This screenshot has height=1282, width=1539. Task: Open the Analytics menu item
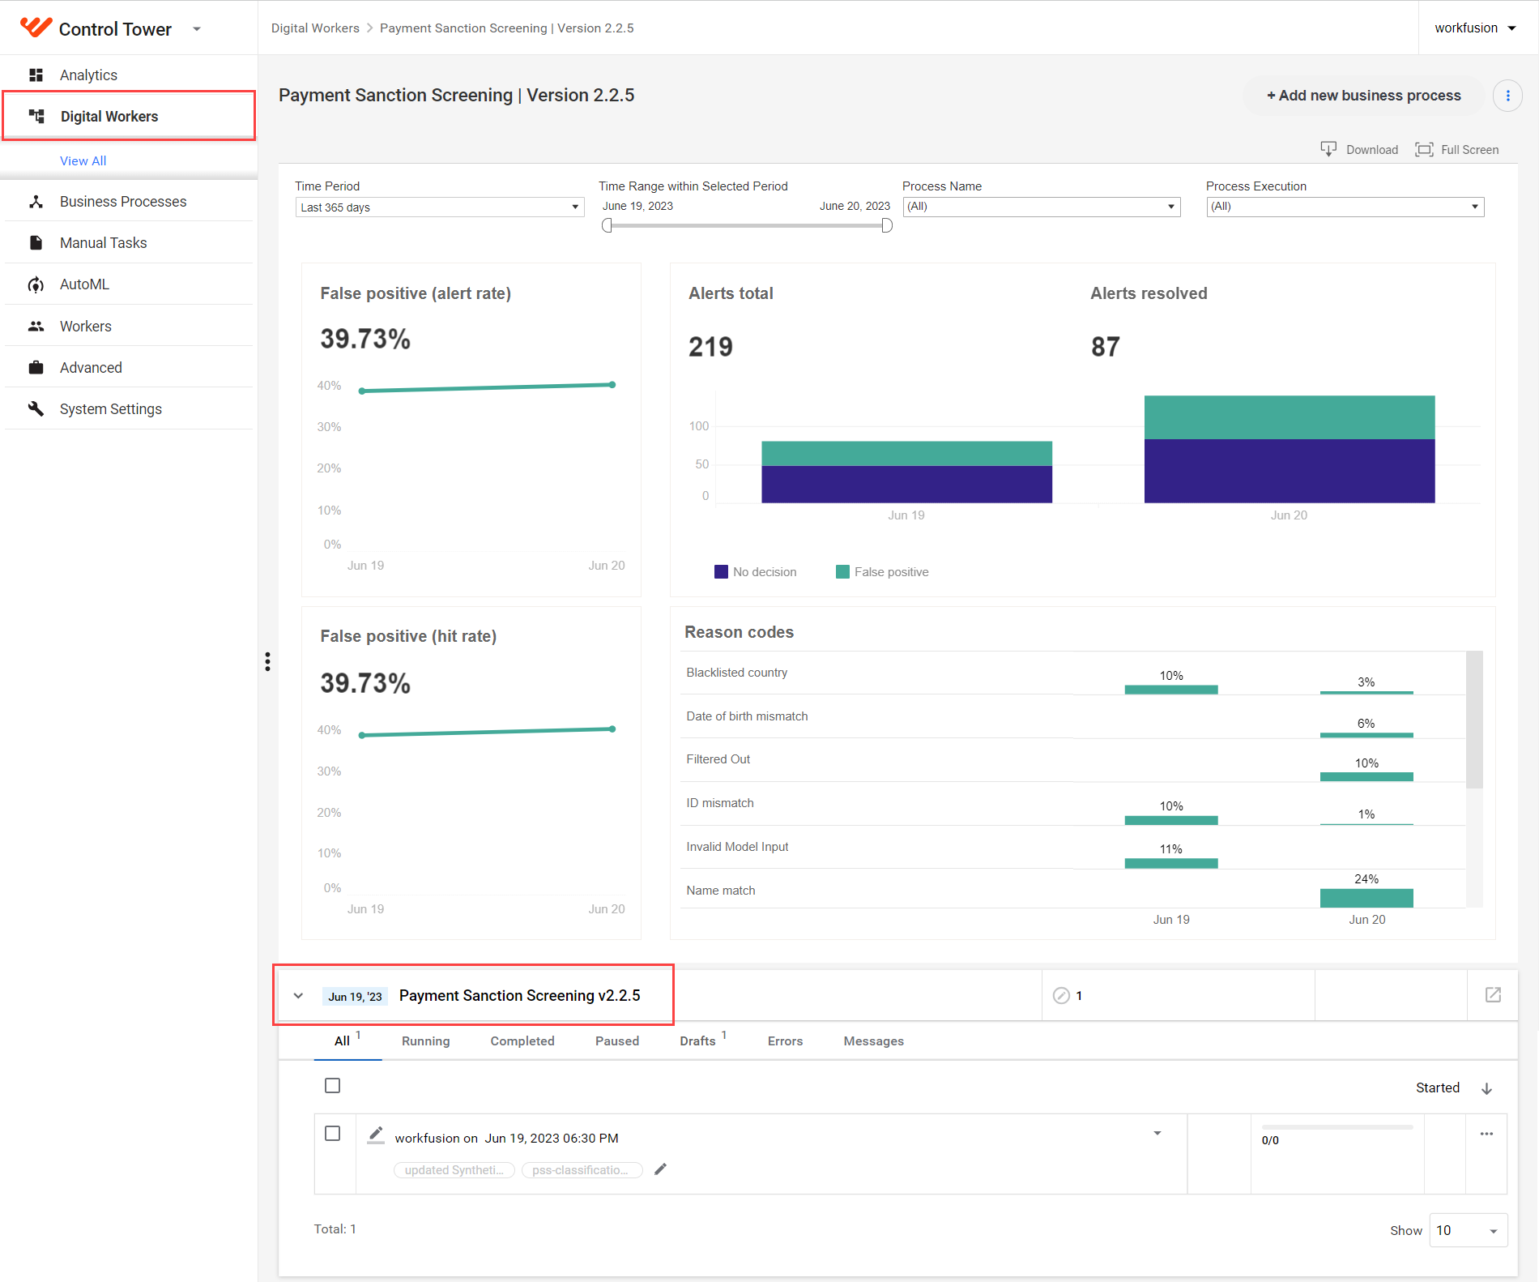(88, 75)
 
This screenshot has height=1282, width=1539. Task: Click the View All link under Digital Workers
(83, 160)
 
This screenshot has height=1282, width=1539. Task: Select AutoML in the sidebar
(84, 284)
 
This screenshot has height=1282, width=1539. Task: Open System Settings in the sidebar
(110, 409)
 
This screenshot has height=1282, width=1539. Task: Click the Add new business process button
(1364, 96)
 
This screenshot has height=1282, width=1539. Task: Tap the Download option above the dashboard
(1359, 150)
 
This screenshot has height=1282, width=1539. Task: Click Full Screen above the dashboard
(1457, 150)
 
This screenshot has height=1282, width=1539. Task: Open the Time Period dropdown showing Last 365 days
(439, 207)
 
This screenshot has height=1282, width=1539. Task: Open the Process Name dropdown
(1042, 207)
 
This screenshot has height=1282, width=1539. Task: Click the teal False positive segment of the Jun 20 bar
(1290, 417)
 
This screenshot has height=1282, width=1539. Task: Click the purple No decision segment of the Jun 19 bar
(906, 485)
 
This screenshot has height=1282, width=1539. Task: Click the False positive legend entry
(882, 572)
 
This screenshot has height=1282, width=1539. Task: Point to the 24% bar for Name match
(1366, 898)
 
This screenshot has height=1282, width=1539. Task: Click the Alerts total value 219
(710, 347)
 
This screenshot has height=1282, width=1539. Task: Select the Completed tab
(522, 1041)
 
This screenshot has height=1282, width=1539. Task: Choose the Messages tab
(873, 1041)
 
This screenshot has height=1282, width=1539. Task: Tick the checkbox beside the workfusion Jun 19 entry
(332, 1133)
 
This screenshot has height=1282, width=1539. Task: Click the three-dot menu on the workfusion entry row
(1486, 1134)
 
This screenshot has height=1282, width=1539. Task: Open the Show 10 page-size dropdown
(1468, 1231)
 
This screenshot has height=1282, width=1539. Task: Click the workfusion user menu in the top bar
(1475, 28)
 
